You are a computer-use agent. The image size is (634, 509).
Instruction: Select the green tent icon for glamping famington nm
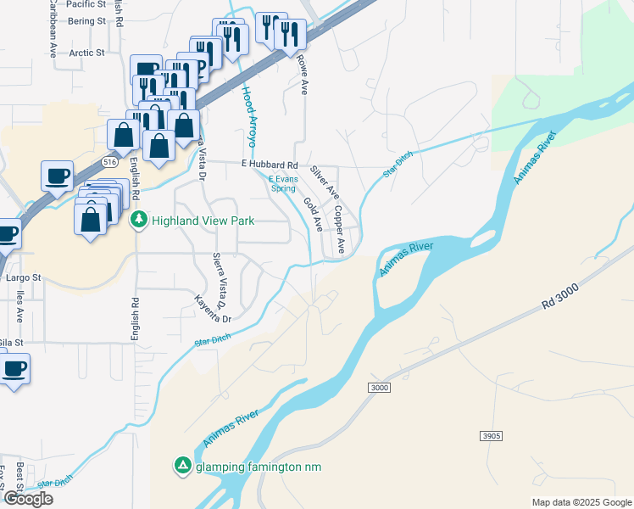[x=182, y=467]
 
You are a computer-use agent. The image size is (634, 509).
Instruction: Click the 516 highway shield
[x=108, y=160]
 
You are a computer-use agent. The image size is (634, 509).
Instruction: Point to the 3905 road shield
[x=491, y=436]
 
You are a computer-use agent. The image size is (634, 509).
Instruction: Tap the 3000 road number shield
[x=379, y=388]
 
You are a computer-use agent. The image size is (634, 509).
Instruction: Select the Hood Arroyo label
[x=249, y=115]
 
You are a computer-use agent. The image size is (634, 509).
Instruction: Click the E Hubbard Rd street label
[x=270, y=164]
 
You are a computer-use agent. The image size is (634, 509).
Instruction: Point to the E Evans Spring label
[x=282, y=184]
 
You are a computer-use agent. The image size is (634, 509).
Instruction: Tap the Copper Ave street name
[x=338, y=229]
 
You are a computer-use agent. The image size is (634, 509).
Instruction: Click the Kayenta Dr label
[x=213, y=309]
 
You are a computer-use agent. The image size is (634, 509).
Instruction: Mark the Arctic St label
[x=87, y=53]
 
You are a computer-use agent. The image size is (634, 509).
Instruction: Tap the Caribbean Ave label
[x=53, y=29]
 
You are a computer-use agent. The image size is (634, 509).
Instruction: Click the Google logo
[x=28, y=499]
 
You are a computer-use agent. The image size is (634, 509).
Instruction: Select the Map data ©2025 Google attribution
[x=581, y=502]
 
